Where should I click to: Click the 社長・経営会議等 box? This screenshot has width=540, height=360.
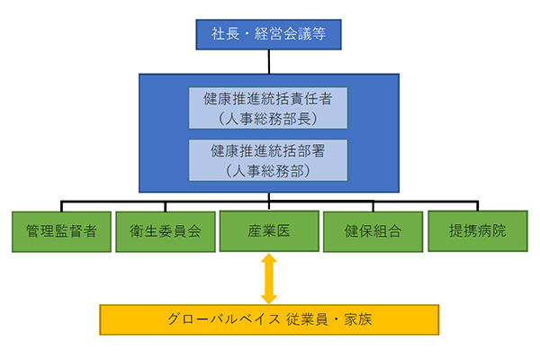268,34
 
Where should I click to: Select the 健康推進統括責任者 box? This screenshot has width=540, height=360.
268,108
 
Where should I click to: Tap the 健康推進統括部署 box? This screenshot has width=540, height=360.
268,160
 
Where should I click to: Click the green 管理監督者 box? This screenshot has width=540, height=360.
61,231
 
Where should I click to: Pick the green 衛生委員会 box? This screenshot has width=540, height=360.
166,231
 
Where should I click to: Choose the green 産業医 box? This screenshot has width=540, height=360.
269,230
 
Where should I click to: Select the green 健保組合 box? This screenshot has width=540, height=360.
373,231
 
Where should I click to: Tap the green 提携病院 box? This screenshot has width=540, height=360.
478,230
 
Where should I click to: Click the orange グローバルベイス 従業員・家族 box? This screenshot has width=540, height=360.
269,319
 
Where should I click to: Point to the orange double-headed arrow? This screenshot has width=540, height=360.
269,279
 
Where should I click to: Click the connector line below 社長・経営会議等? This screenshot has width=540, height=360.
269,62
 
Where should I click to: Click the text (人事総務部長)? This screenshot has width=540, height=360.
268,119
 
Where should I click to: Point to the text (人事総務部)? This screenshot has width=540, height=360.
268,171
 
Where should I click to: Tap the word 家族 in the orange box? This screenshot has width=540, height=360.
358,319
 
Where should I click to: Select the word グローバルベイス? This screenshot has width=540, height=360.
224,319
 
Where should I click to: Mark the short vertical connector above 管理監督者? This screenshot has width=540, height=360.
61,206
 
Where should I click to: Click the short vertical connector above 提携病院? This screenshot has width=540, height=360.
478,206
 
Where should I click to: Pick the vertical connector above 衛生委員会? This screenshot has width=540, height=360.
166,206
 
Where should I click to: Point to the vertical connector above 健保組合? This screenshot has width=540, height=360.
373,206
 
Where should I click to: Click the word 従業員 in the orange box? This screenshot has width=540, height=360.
307,319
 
